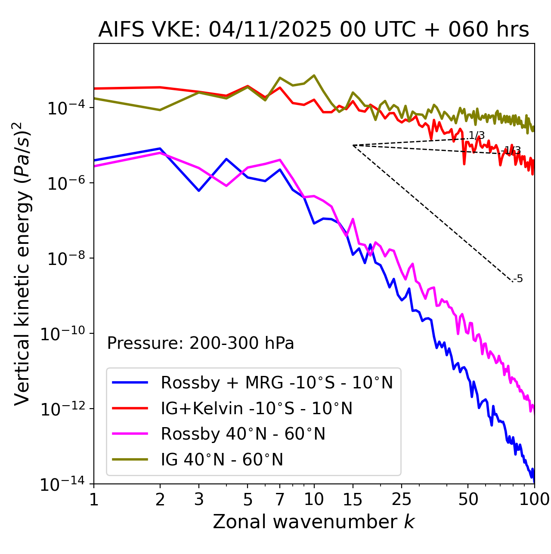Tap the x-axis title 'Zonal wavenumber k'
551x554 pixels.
[313, 522]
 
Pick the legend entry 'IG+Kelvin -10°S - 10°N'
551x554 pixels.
[257, 408]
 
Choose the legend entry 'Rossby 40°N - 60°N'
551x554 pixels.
[243, 434]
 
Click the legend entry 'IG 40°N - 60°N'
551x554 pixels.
[222, 460]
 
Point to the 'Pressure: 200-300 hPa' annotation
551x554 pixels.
[200, 343]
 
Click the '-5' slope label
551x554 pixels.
[518, 279]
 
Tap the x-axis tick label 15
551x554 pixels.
[353, 499]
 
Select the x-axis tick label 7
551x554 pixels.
[280, 499]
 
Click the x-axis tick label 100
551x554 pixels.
[534, 499]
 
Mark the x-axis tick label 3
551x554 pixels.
[199, 499]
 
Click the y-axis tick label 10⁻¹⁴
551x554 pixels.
[61, 484]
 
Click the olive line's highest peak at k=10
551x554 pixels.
[314, 75]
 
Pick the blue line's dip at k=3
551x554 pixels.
[199, 191]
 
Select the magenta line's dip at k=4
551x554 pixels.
[226, 186]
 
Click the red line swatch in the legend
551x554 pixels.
[130, 408]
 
